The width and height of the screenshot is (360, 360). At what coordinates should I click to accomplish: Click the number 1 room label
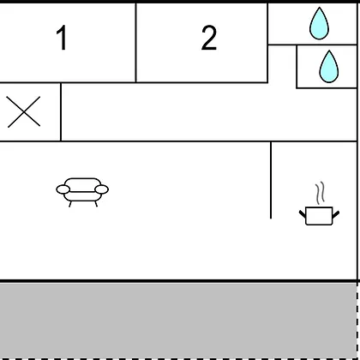(62, 38)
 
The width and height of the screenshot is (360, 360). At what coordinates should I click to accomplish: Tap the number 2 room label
(209, 38)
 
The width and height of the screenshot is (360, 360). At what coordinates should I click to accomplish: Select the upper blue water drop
(319, 23)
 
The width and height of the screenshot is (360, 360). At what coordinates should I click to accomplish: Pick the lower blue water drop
(329, 67)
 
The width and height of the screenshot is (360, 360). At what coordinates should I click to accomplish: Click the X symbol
(24, 111)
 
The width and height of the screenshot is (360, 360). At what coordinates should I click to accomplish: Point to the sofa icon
(82, 192)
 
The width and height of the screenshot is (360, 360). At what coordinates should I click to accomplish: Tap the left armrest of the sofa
(63, 189)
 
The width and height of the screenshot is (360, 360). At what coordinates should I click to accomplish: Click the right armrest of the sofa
(102, 189)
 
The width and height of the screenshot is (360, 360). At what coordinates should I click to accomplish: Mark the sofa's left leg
(70, 204)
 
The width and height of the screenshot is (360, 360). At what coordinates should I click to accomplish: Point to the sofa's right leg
(96, 204)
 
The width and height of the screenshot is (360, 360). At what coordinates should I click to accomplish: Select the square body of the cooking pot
(319, 216)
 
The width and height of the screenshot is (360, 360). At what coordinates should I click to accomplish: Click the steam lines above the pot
(321, 193)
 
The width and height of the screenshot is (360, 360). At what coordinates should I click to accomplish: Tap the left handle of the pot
(303, 213)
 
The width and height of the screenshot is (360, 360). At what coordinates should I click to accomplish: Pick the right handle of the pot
(336, 214)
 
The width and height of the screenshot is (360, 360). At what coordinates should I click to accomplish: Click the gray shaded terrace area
(178, 320)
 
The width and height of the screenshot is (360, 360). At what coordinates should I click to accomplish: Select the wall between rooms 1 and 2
(136, 43)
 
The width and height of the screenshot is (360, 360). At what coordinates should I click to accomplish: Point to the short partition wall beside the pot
(271, 180)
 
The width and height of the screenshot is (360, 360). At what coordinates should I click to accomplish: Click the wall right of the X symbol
(61, 111)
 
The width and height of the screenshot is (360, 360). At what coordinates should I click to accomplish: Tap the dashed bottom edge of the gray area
(178, 358)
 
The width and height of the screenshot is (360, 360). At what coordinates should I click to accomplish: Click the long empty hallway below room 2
(208, 112)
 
